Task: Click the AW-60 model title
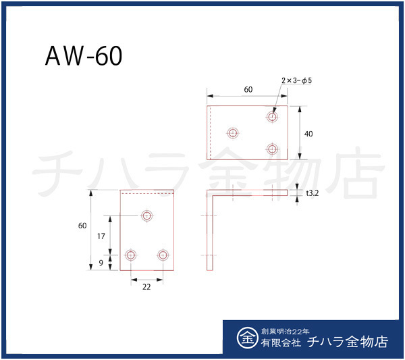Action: point(84,57)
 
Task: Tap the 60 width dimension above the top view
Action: point(248,90)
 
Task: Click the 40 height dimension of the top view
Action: point(308,134)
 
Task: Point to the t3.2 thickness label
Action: point(313,192)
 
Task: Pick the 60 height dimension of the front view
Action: point(82,226)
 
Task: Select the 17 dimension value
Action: point(101,236)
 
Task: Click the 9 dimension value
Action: point(101,263)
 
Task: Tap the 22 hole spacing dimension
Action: point(146,286)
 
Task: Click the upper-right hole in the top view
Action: point(273,117)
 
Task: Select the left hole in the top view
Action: point(234,133)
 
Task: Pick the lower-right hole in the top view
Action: point(273,149)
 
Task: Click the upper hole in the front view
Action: point(147,216)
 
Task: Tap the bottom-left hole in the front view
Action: point(131,255)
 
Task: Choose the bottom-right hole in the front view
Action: point(163,255)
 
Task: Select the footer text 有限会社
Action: point(278,343)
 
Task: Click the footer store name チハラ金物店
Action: point(347,342)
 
